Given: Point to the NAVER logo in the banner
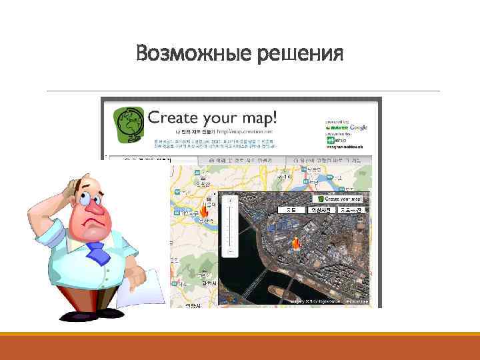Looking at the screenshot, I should click(337, 128).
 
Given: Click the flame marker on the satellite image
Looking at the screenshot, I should click(296, 245).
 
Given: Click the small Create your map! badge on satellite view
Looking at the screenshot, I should click(340, 199).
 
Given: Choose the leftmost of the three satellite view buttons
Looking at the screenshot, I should click(291, 209).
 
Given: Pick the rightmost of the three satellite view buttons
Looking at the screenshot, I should click(351, 209).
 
